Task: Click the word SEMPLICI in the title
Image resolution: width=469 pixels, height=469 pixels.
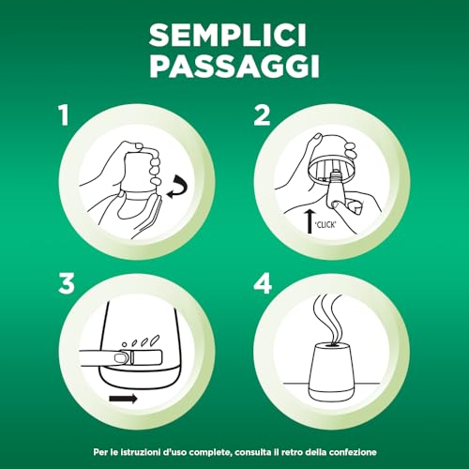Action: [x=228, y=36]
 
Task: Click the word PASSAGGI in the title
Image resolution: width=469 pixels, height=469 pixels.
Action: [x=234, y=66]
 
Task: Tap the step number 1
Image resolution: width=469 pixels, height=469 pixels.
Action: [x=64, y=115]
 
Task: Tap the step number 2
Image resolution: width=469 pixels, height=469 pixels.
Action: [x=262, y=115]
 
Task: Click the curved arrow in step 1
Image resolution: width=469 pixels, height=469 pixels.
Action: [x=178, y=187]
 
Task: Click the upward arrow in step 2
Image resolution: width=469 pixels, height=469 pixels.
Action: [x=310, y=221]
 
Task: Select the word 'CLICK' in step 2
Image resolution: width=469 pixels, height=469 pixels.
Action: [x=325, y=224]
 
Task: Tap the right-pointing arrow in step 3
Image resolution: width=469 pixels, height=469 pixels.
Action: [x=123, y=399]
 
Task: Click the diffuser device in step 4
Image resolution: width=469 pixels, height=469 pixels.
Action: [x=331, y=371]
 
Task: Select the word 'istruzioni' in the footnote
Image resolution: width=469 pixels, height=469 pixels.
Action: [x=141, y=452]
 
